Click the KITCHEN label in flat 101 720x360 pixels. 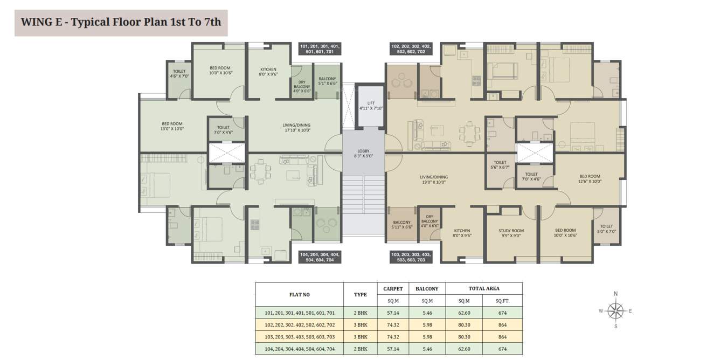[x=268, y=72]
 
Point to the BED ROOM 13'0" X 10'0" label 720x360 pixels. [x=172, y=126]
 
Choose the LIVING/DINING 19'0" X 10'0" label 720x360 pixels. [x=434, y=179]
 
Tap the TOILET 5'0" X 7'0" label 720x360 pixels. [x=606, y=229]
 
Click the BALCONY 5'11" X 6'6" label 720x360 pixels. [x=401, y=225]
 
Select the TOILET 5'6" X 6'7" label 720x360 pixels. [x=500, y=165]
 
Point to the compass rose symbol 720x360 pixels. [x=615, y=310]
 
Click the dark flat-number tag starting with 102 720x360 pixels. [x=411, y=49]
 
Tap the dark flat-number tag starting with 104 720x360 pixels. [x=320, y=257]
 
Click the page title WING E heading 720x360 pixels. [x=121, y=23]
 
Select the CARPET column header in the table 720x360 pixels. [x=393, y=289]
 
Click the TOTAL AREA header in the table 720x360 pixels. [x=483, y=289]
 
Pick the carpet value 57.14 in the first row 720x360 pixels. [x=393, y=313]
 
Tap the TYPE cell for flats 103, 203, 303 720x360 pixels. [x=360, y=337]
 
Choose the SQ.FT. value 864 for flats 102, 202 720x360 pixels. [x=502, y=325]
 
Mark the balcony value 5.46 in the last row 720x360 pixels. [x=427, y=349]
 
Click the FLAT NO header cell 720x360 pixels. [x=299, y=295]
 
